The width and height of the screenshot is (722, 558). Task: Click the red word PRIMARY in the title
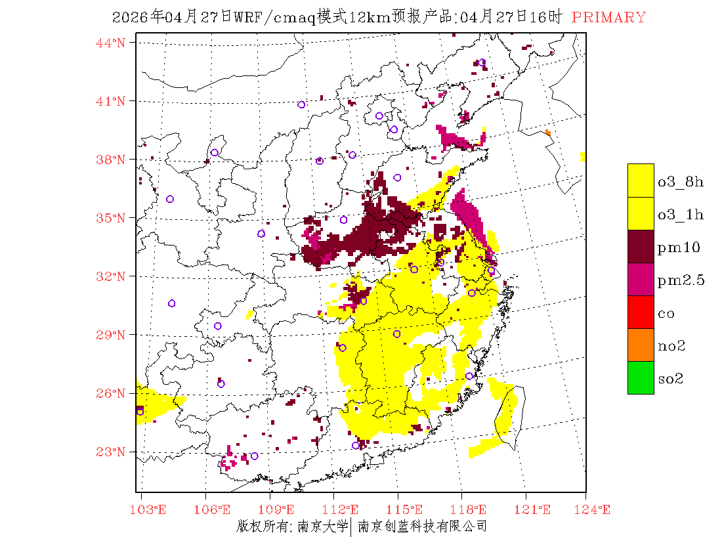tap(608, 18)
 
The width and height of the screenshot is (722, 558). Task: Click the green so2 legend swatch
tap(641, 377)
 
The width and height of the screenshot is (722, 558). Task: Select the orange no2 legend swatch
tap(641, 345)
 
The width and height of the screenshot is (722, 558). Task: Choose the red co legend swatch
tap(641, 312)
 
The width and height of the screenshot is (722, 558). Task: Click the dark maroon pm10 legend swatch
tap(641, 246)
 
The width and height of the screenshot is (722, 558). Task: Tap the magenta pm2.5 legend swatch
tap(641, 279)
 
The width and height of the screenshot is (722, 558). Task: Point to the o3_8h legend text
tap(681, 182)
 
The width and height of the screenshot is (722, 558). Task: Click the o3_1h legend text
tap(681, 215)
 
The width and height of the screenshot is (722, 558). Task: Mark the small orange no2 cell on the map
tap(548, 133)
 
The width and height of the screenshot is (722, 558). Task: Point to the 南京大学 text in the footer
tap(322, 526)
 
